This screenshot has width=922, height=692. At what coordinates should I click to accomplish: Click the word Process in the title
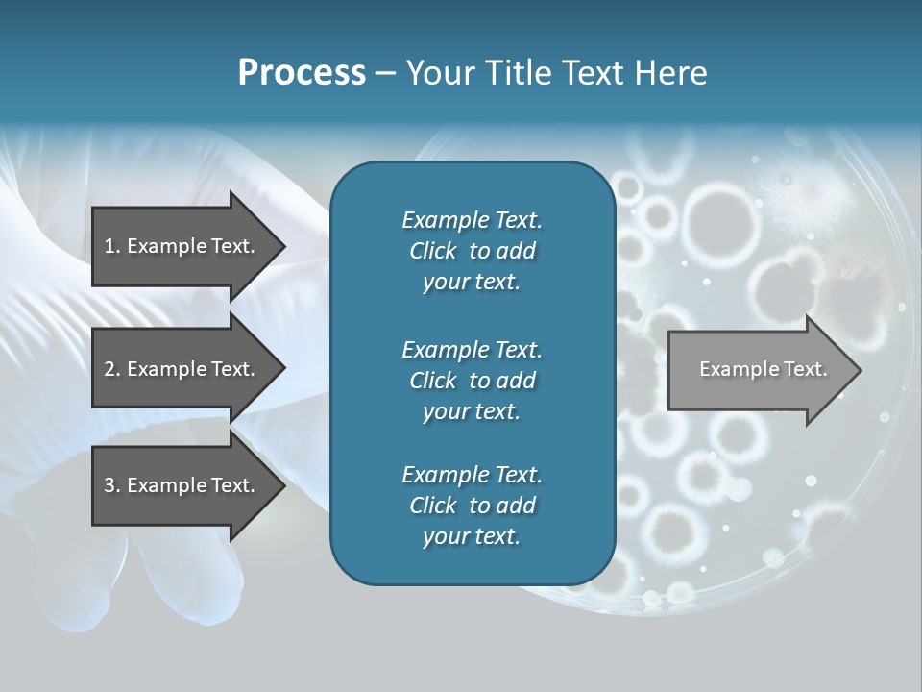click(x=302, y=73)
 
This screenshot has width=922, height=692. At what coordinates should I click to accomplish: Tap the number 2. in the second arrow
click(x=111, y=369)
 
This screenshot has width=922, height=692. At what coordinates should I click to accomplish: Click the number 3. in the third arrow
click(x=111, y=485)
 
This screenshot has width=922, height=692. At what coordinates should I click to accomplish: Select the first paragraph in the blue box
click(x=472, y=251)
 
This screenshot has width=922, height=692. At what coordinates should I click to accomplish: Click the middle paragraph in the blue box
click(x=472, y=381)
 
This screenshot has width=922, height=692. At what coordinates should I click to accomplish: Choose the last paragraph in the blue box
click(x=472, y=506)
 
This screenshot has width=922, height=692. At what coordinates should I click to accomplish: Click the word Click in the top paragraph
click(x=432, y=251)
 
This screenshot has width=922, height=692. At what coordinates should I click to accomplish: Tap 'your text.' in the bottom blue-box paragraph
click(x=472, y=536)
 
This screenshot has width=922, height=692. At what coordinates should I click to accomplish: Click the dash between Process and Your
click(x=385, y=73)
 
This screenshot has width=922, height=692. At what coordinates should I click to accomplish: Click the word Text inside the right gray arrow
click(x=805, y=369)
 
